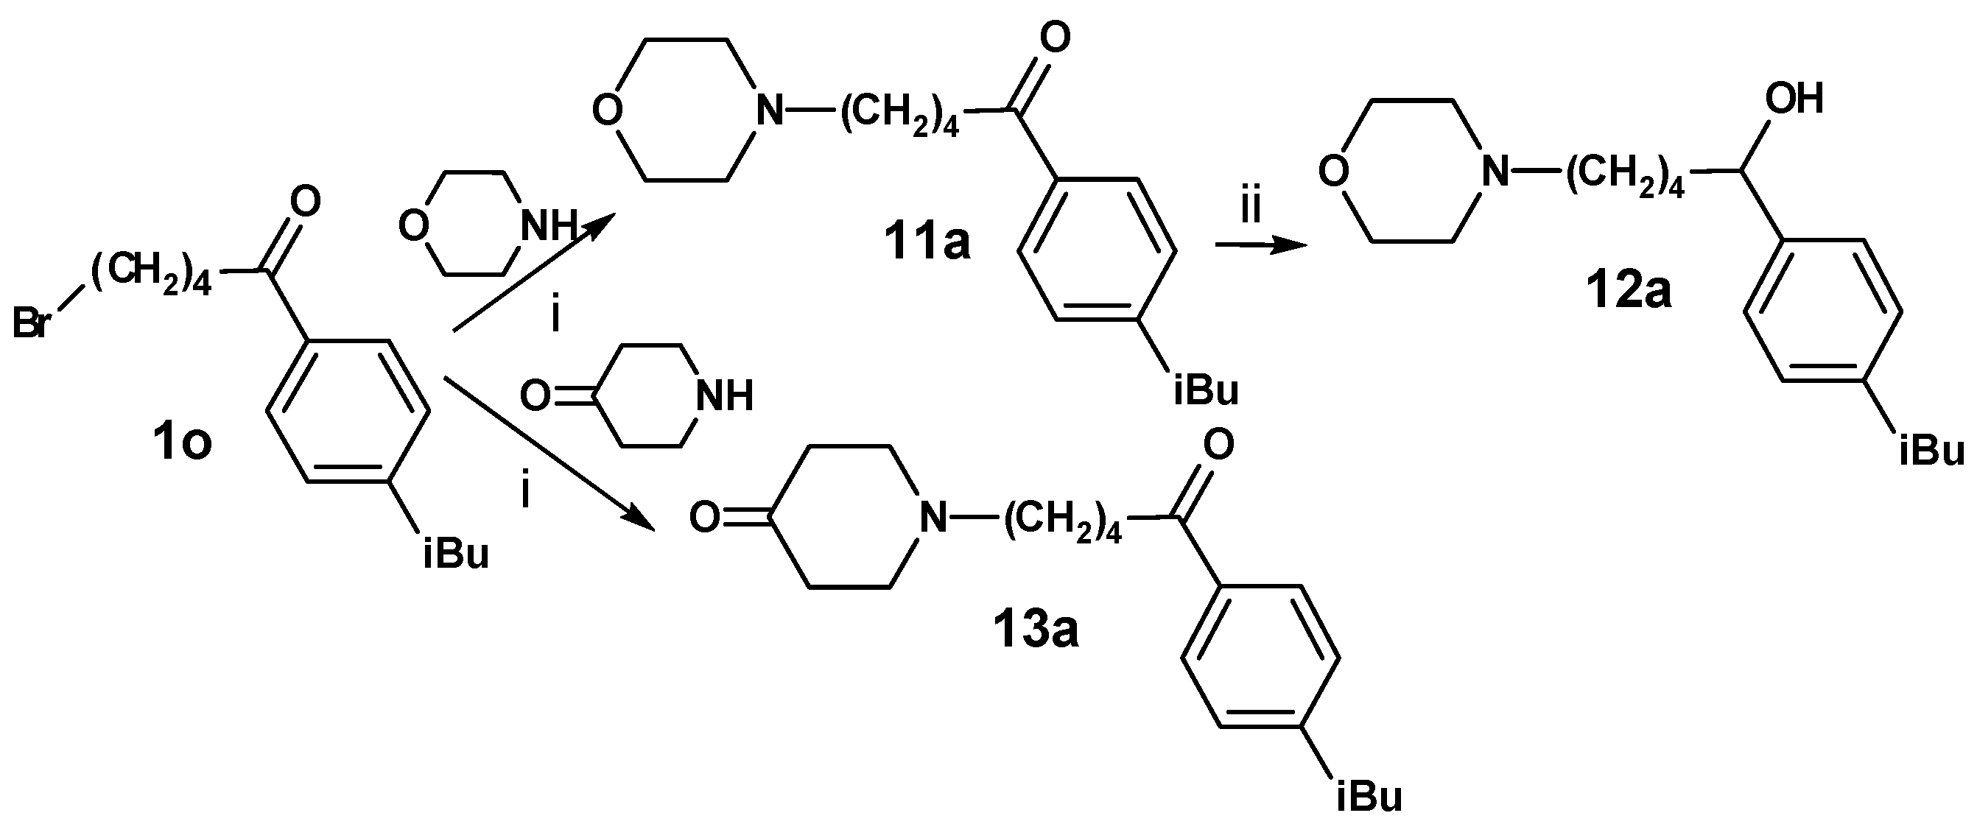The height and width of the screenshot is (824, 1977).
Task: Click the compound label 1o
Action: [182, 445]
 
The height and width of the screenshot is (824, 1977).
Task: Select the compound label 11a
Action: [927, 241]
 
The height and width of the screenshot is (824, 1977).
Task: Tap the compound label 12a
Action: [1629, 292]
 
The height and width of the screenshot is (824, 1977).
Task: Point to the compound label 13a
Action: [1036, 630]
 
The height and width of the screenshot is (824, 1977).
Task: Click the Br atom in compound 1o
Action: [32, 324]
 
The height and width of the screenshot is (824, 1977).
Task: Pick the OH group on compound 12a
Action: [1794, 99]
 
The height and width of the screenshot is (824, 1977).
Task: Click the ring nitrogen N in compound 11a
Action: [770, 112]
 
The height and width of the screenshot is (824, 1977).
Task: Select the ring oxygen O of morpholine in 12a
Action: [1334, 172]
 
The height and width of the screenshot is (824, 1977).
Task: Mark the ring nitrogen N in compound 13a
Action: [933, 517]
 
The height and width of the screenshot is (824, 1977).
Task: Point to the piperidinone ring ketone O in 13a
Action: [704, 517]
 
